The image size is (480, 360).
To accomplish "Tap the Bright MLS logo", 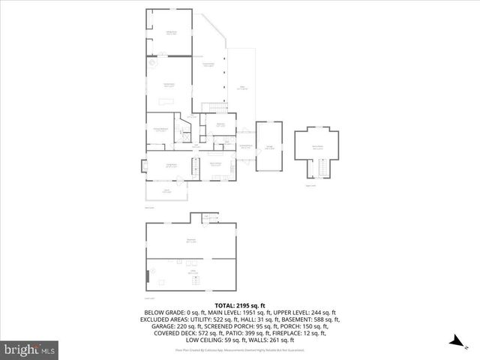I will tap(30, 349).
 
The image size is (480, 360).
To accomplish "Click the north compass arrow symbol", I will tap(454, 341).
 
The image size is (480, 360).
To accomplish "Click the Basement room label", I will tap(191, 241).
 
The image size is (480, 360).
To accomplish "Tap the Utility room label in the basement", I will tap(191, 272).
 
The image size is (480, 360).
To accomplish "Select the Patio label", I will tap(242, 88).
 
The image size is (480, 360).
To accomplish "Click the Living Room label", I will tap(170, 165).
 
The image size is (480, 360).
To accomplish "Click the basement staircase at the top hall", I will tap(211, 218).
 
